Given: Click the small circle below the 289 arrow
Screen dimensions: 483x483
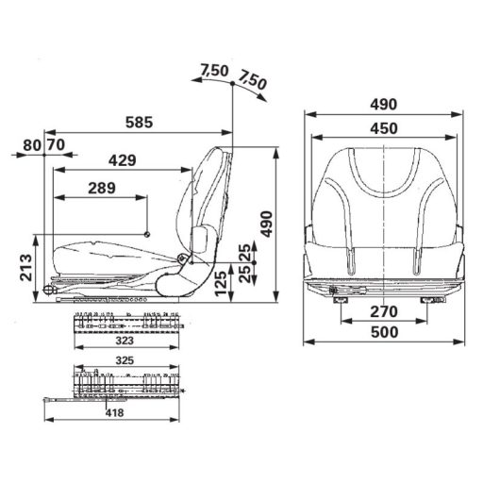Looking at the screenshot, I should coord(147,234).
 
